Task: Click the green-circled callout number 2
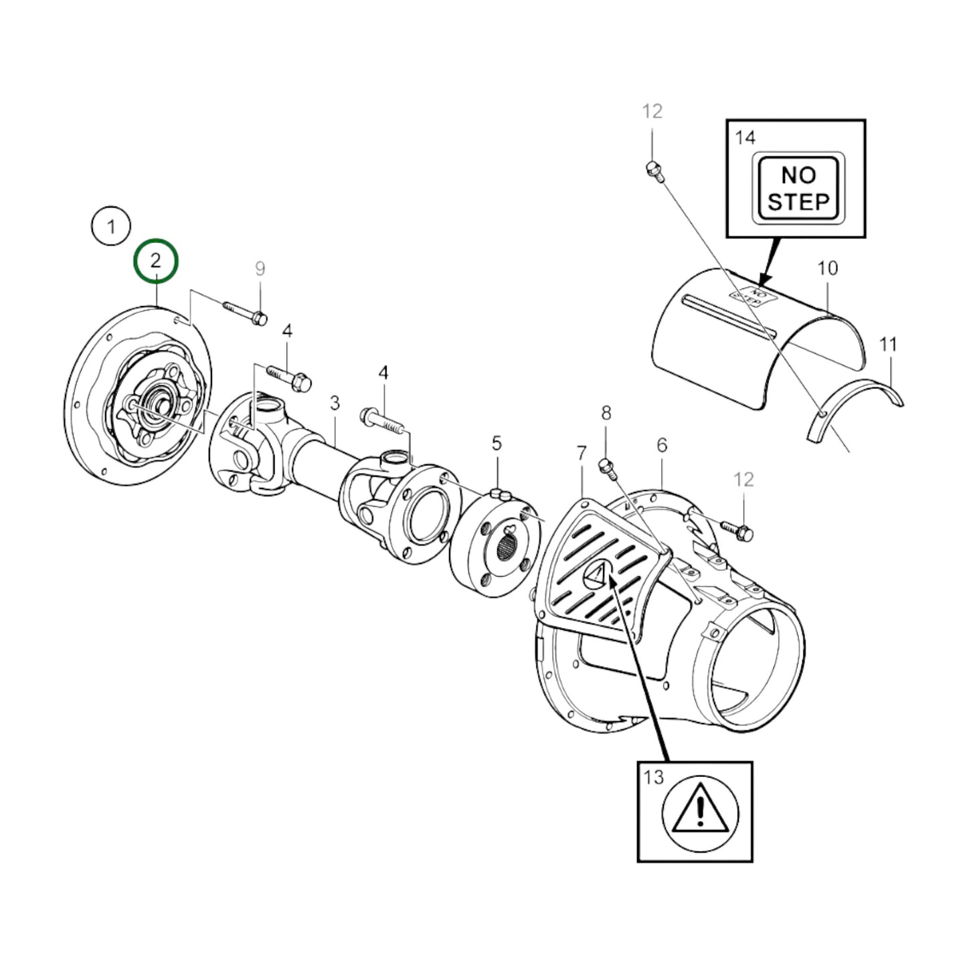pyautogui.click(x=156, y=260)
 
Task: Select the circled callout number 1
pyautogui.click(x=111, y=226)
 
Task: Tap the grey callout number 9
pyautogui.click(x=260, y=268)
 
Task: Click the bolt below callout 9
pyautogui.click(x=245, y=313)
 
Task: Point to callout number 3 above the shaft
pyautogui.click(x=335, y=403)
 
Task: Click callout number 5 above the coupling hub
pyautogui.click(x=496, y=443)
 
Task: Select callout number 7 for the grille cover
pyautogui.click(x=582, y=454)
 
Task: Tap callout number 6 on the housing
pyautogui.click(x=661, y=445)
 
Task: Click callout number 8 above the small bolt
pyautogui.click(x=606, y=413)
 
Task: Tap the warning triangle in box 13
pyautogui.click(x=700, y=812)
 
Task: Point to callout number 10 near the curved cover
pyautogui.click(x=827, y=268)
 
